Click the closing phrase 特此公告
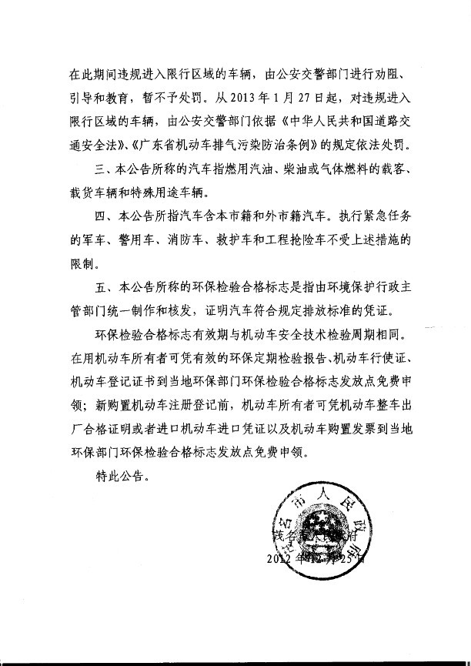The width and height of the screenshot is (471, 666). coord(116,478)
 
